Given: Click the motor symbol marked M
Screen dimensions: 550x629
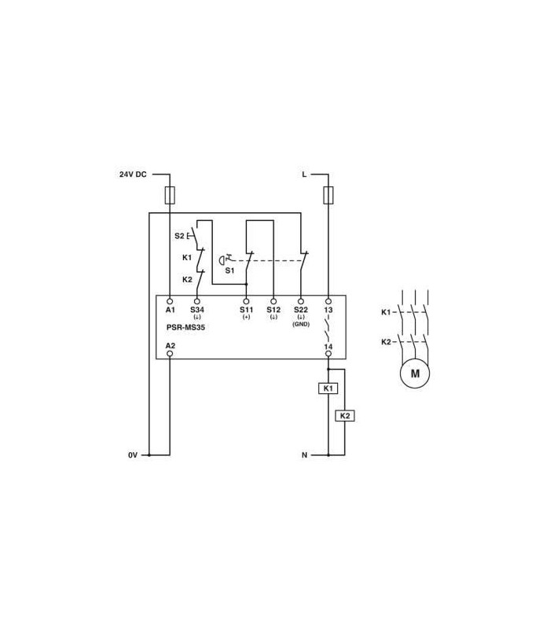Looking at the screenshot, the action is (415, 373).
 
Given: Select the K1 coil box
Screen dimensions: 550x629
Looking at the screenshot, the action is (328, 388).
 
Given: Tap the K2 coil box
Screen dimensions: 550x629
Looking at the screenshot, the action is (345, 416).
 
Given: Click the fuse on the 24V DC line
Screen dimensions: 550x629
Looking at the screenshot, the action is (170, 195).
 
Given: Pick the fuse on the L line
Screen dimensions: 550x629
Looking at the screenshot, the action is (328, 195).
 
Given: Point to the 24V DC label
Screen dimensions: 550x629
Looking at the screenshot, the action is (133, 175).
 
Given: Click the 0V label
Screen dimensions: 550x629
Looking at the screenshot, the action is (133, 455).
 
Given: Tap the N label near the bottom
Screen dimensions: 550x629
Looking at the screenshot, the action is (304, 455).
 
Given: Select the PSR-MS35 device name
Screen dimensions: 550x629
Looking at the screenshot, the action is (185, 327).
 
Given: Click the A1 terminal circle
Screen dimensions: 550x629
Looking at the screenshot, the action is (170, 301).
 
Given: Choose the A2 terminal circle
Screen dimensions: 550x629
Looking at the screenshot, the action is (170, 353).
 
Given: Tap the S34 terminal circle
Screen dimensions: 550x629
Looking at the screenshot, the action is (197, 301).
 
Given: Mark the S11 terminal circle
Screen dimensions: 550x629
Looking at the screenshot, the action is (246, 301).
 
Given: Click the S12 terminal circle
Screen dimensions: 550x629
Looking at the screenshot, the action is (273, 301).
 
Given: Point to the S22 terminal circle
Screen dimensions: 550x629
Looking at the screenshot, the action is (301, 301).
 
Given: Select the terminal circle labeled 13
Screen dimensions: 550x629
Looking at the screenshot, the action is (328, 301).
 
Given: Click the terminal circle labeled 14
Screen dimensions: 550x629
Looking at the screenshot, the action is (328, 353).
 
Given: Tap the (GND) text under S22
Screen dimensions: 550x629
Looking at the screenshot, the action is (301, 324).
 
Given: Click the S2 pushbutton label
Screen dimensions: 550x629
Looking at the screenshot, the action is (179, 236).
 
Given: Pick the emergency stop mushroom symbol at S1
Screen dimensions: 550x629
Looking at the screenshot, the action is (221, 260).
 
